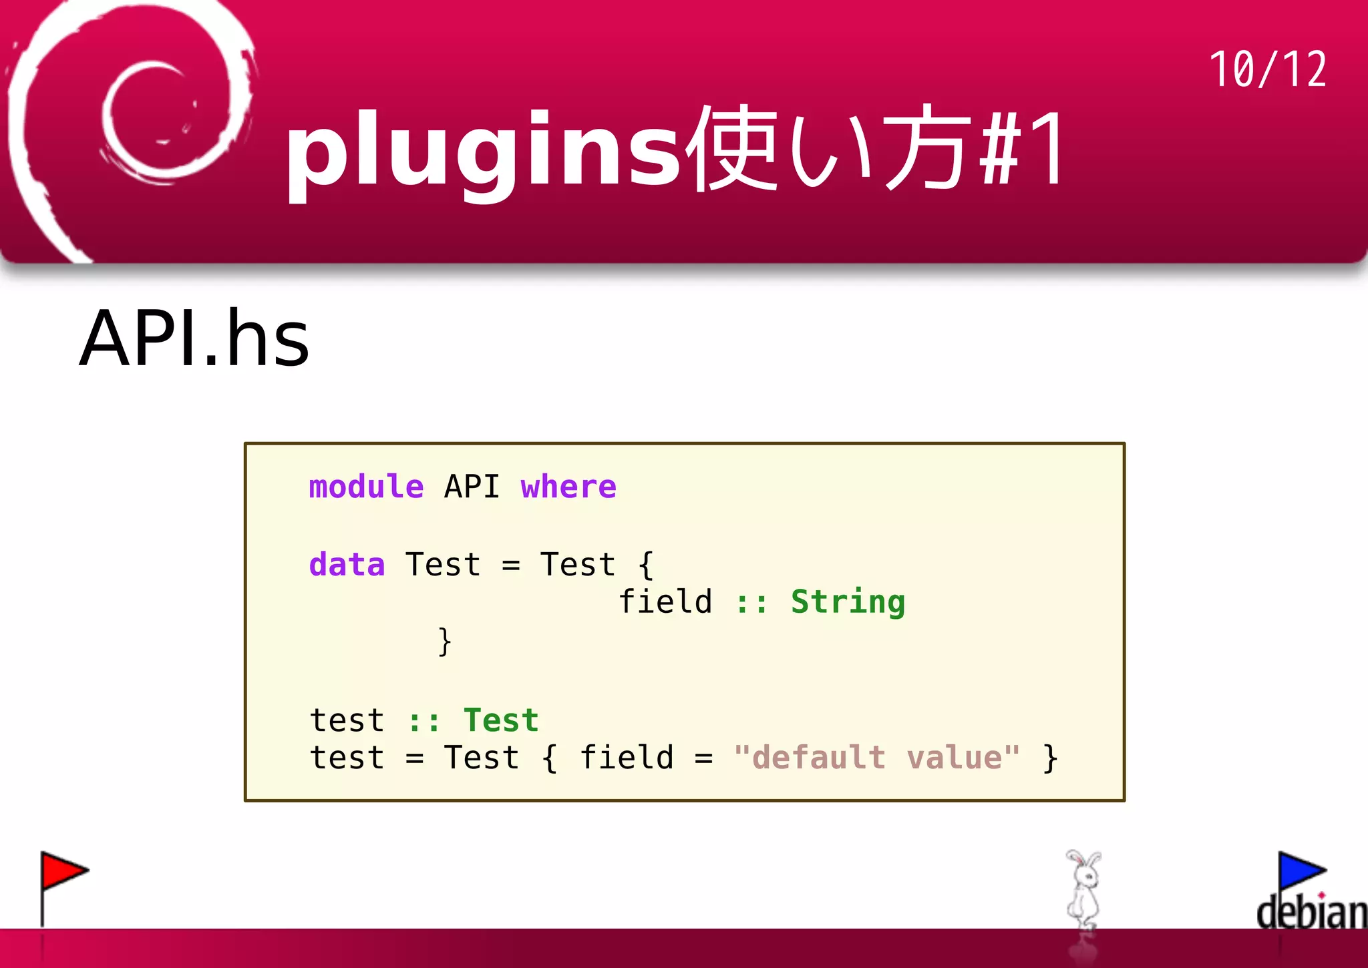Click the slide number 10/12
point(1267,69)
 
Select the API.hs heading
point(194,338)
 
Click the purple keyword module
point(366,487)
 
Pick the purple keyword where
point(568,487)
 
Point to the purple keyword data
point(347,565)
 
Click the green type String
point(848,602)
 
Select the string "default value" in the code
point(876,758)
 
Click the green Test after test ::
point(501,721)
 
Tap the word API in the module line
point(472,487)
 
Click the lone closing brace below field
point(444,642)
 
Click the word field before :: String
point(665,602)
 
